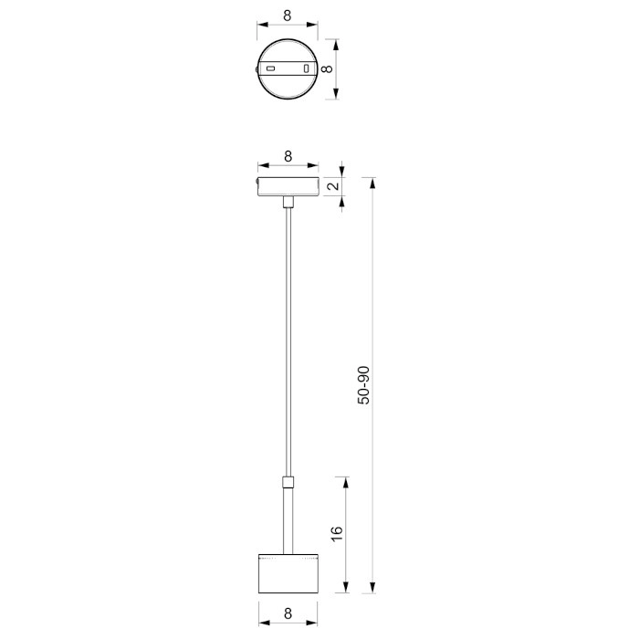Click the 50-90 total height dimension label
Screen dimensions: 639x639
click(363, 385)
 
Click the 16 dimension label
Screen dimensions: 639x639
click(337, 534)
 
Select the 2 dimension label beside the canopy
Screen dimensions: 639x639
click(333, 186)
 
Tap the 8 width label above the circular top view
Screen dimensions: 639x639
click(288, 16)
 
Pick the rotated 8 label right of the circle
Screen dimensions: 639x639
click(327, 68)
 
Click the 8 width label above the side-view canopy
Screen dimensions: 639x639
click(288, 156)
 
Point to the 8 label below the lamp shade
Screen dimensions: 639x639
click(288, 613)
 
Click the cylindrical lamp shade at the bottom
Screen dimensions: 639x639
click(288, 574)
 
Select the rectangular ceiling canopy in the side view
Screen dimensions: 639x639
click(288, 186)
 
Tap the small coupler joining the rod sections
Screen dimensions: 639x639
click(288, 482)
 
